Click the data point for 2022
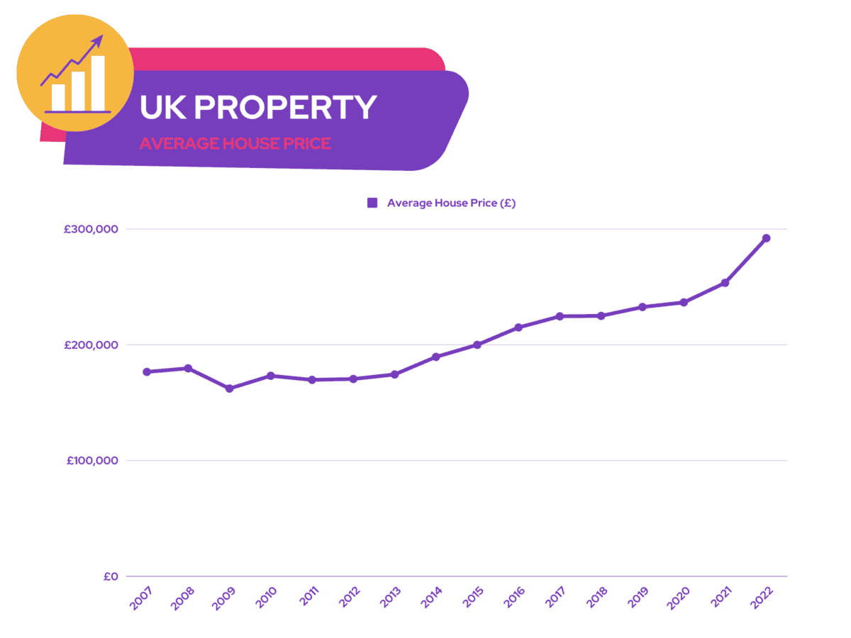pos(766,238)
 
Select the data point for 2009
pos(229,388)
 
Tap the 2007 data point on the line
pos(147,371)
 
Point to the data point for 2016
pos(518,328)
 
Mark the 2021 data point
pos(725,283)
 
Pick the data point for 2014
pos(436,357)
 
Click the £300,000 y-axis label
pos(91,230)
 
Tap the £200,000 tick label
pos(91,345)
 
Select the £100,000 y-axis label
pos(92,461)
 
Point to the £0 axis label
pos(110,576)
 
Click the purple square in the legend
pos(372,203)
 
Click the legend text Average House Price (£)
pos(451,203)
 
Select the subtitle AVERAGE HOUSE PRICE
pos(235,143)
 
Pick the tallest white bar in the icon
pos(98,83)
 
